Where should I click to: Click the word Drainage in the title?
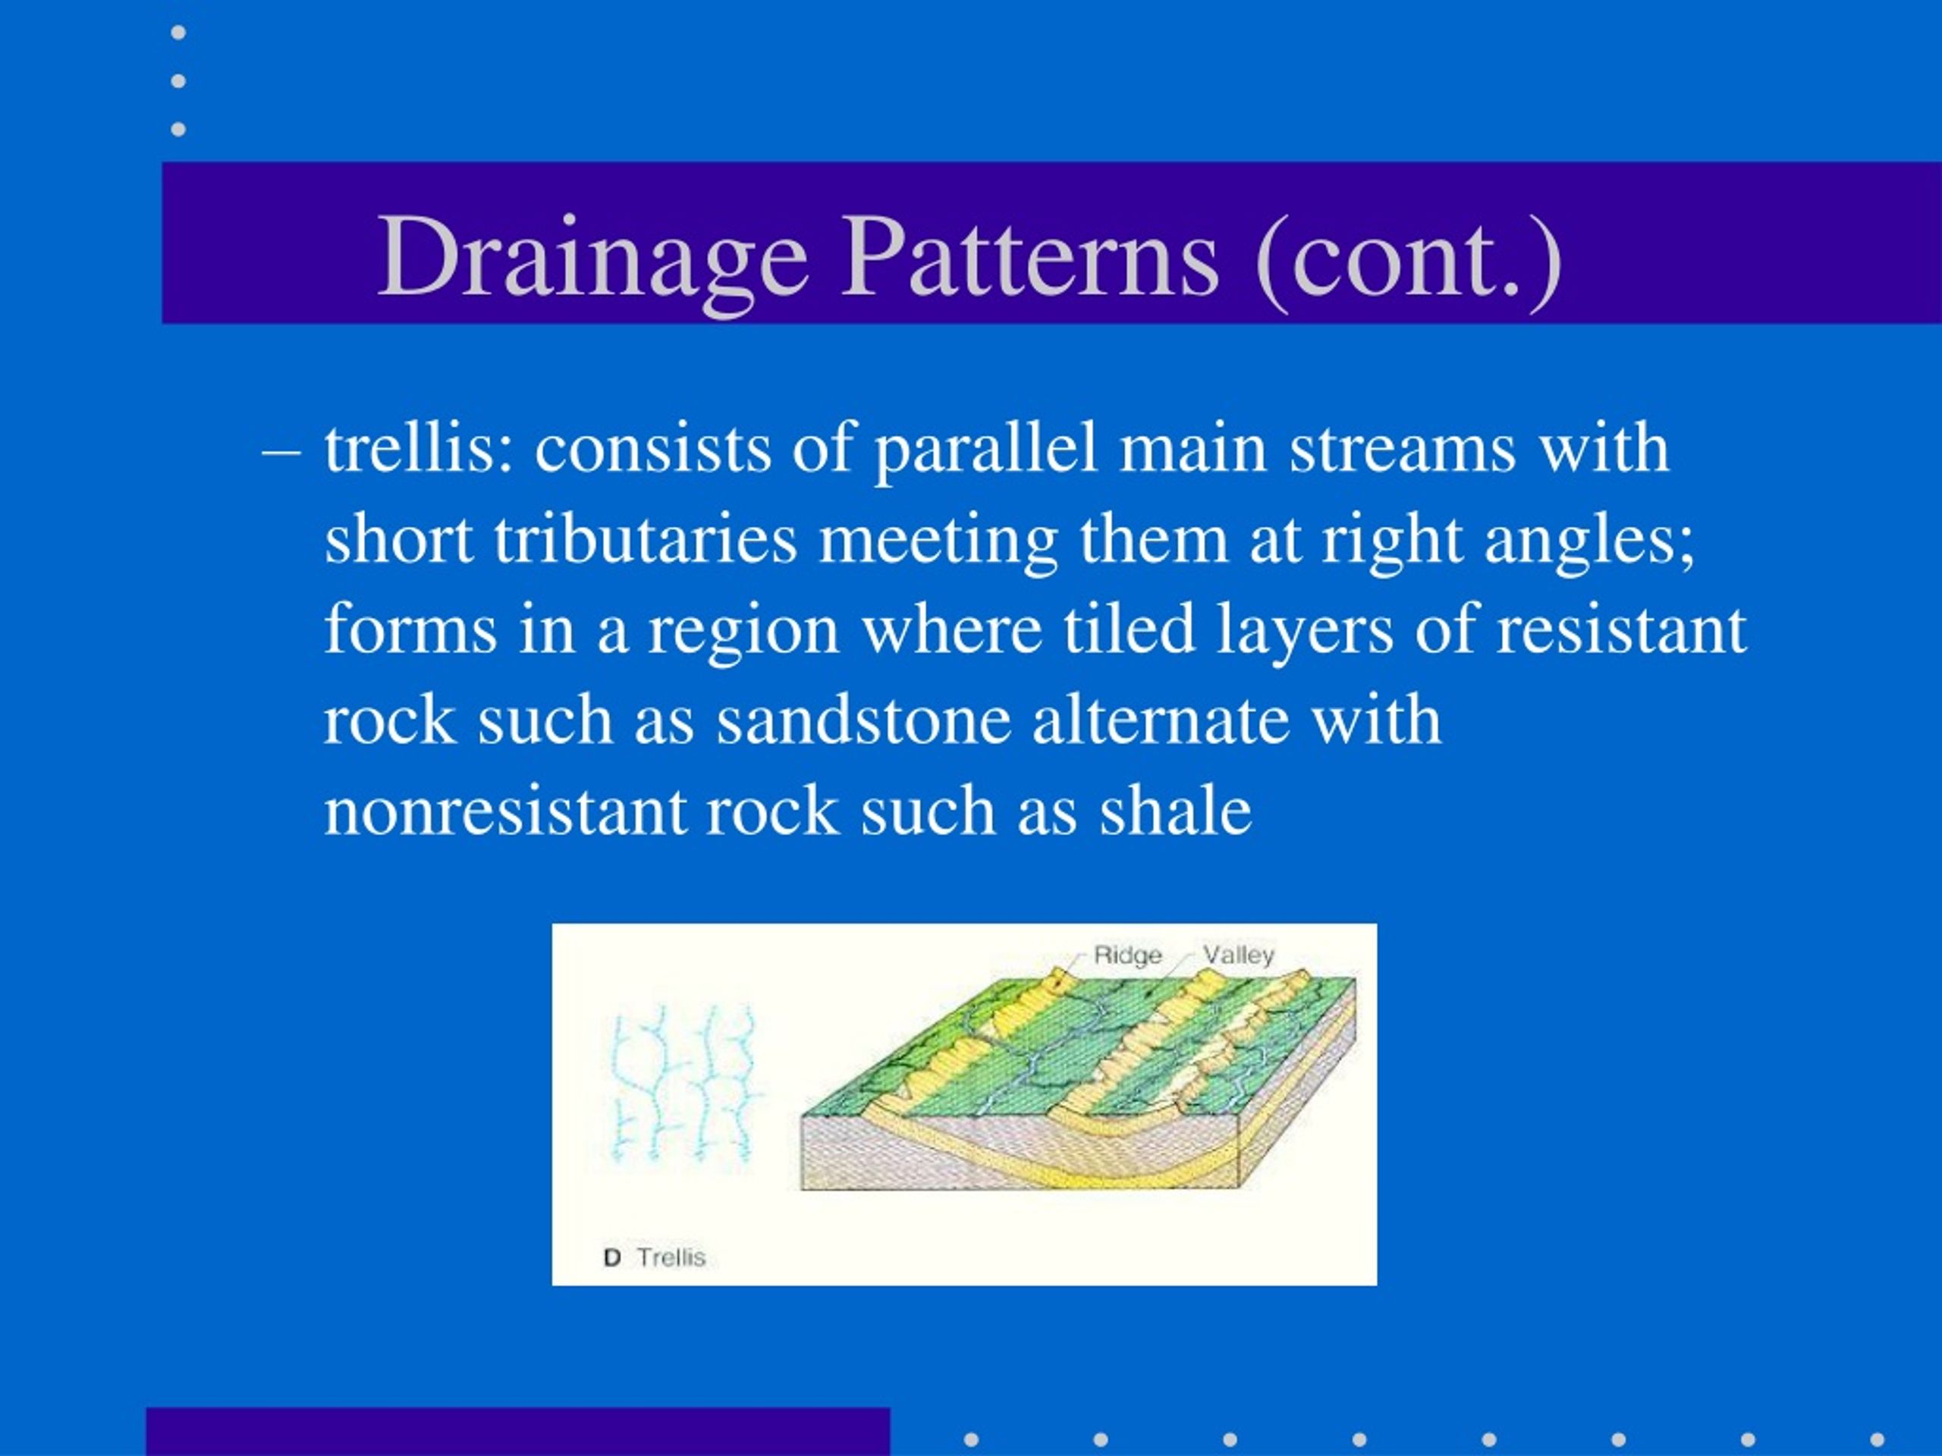[592, 259]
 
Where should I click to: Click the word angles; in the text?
[1590, 541]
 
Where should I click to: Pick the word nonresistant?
[504, 810]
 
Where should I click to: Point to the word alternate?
[1161, 720]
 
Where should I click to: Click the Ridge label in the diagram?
[1127, 955]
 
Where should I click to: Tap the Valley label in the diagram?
[1238, 955]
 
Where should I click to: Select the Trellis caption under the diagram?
[671, 1257]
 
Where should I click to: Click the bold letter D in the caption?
[612, 1257]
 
